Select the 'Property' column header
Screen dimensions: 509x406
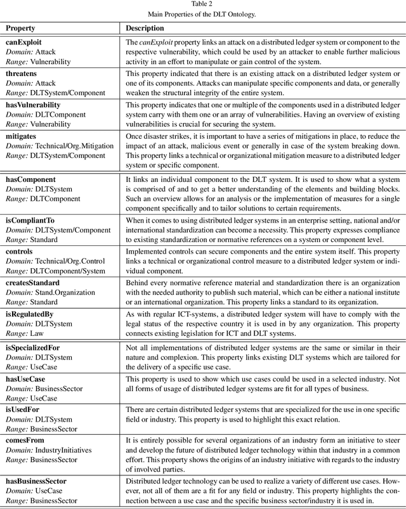[x=21, y=29]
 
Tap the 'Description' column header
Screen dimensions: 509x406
[x=145, y=29]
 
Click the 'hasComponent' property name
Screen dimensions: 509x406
[x=30, y=180]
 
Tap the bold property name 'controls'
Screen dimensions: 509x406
[x=20, y=251]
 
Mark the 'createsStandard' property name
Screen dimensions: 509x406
[x=32, y=283]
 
